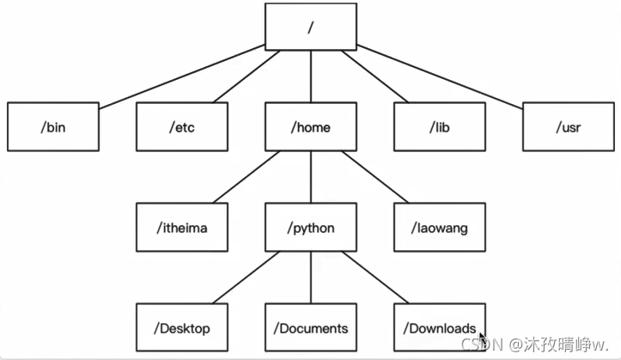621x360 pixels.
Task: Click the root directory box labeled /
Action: click(310, 27)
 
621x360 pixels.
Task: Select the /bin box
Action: click(53, 126)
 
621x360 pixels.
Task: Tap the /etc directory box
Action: click(182, 126)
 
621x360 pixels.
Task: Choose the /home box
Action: click(311, 126)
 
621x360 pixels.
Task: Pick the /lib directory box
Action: click(440, 126)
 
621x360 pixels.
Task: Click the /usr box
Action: click(569, 126)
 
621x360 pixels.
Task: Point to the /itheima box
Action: click(182, 228)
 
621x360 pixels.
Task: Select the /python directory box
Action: click(311, 228)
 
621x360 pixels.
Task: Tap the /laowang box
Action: click(440, 228)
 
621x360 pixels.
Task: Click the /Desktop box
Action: click(182, 327)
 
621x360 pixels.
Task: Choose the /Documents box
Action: click(311, 327)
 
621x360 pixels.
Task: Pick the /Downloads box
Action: click(440, 327)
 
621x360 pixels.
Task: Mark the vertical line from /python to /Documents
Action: click(311, 278)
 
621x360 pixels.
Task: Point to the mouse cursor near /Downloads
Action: click(484, 339)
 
